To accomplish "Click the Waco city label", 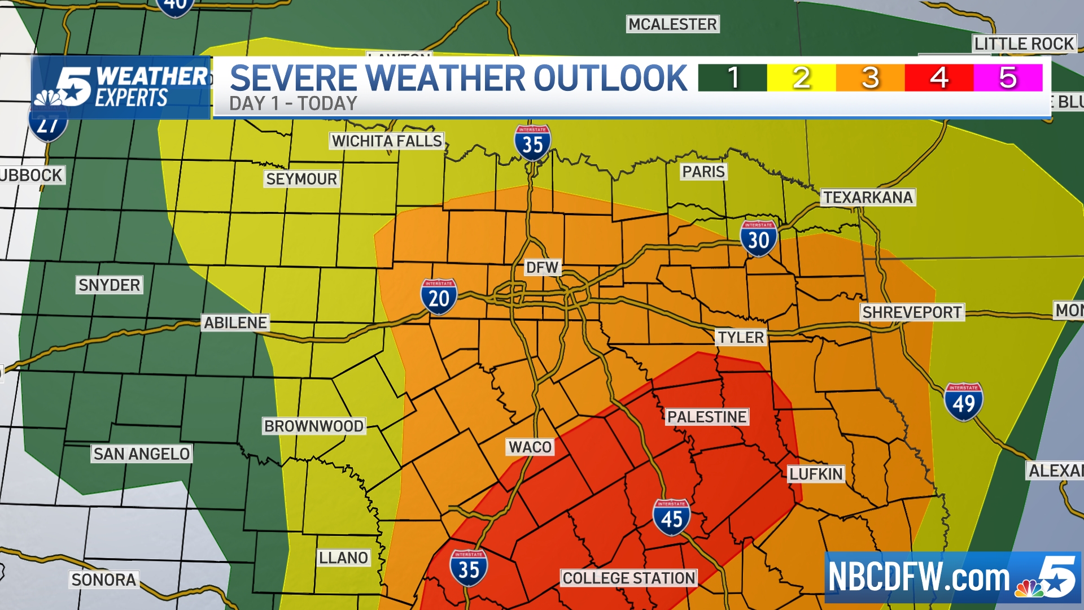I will point(530,447).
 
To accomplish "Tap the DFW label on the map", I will point(542,268).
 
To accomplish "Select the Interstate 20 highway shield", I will point(439,297).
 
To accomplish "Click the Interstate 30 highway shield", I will point(758,239).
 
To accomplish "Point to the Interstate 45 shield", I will point(671,517).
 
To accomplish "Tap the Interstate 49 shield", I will point(963,402).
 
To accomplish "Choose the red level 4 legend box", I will point(939,78).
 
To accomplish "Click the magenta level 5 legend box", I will point(1008,78).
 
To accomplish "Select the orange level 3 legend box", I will point(870,78).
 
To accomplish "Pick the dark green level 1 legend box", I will point(732,78).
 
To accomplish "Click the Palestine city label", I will point(707,417).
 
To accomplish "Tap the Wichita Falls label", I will point(387,141).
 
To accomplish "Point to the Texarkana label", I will point(868,198).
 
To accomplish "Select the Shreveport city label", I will point(912,312).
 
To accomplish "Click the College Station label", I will point(629,578).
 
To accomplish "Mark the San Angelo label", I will point(142,454).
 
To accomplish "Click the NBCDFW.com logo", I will point(952,578).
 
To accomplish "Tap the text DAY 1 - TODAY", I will point(293,104).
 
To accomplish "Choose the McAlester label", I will point(672,24).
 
